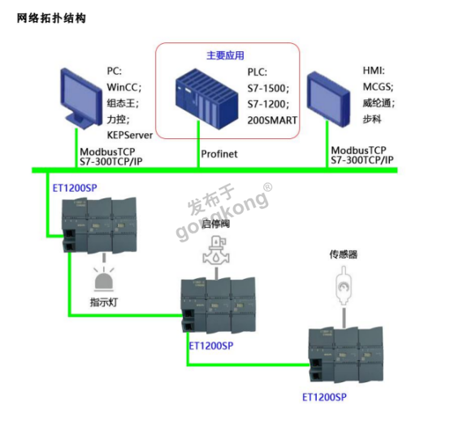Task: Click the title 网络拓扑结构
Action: [51, 18]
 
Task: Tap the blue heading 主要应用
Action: [225, 55]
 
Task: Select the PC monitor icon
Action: [81, 98]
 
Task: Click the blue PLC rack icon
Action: [206, 98]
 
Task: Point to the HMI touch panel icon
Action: [329, 99]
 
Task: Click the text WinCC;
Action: [124, 87]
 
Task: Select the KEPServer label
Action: [130, 135]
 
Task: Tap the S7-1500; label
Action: [268, 88]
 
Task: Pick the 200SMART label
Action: [272, 120]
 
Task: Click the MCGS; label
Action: [378, 87]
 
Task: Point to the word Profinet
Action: [219, 154]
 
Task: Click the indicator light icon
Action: [104, 278]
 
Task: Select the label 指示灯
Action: [104, 303]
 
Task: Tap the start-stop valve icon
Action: [216, 250]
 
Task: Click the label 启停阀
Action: [216, 224]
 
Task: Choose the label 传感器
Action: [344, 255]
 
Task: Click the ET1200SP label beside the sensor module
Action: [324, 397]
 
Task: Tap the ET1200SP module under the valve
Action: [219, 305]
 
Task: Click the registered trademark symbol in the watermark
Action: [267, 187]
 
